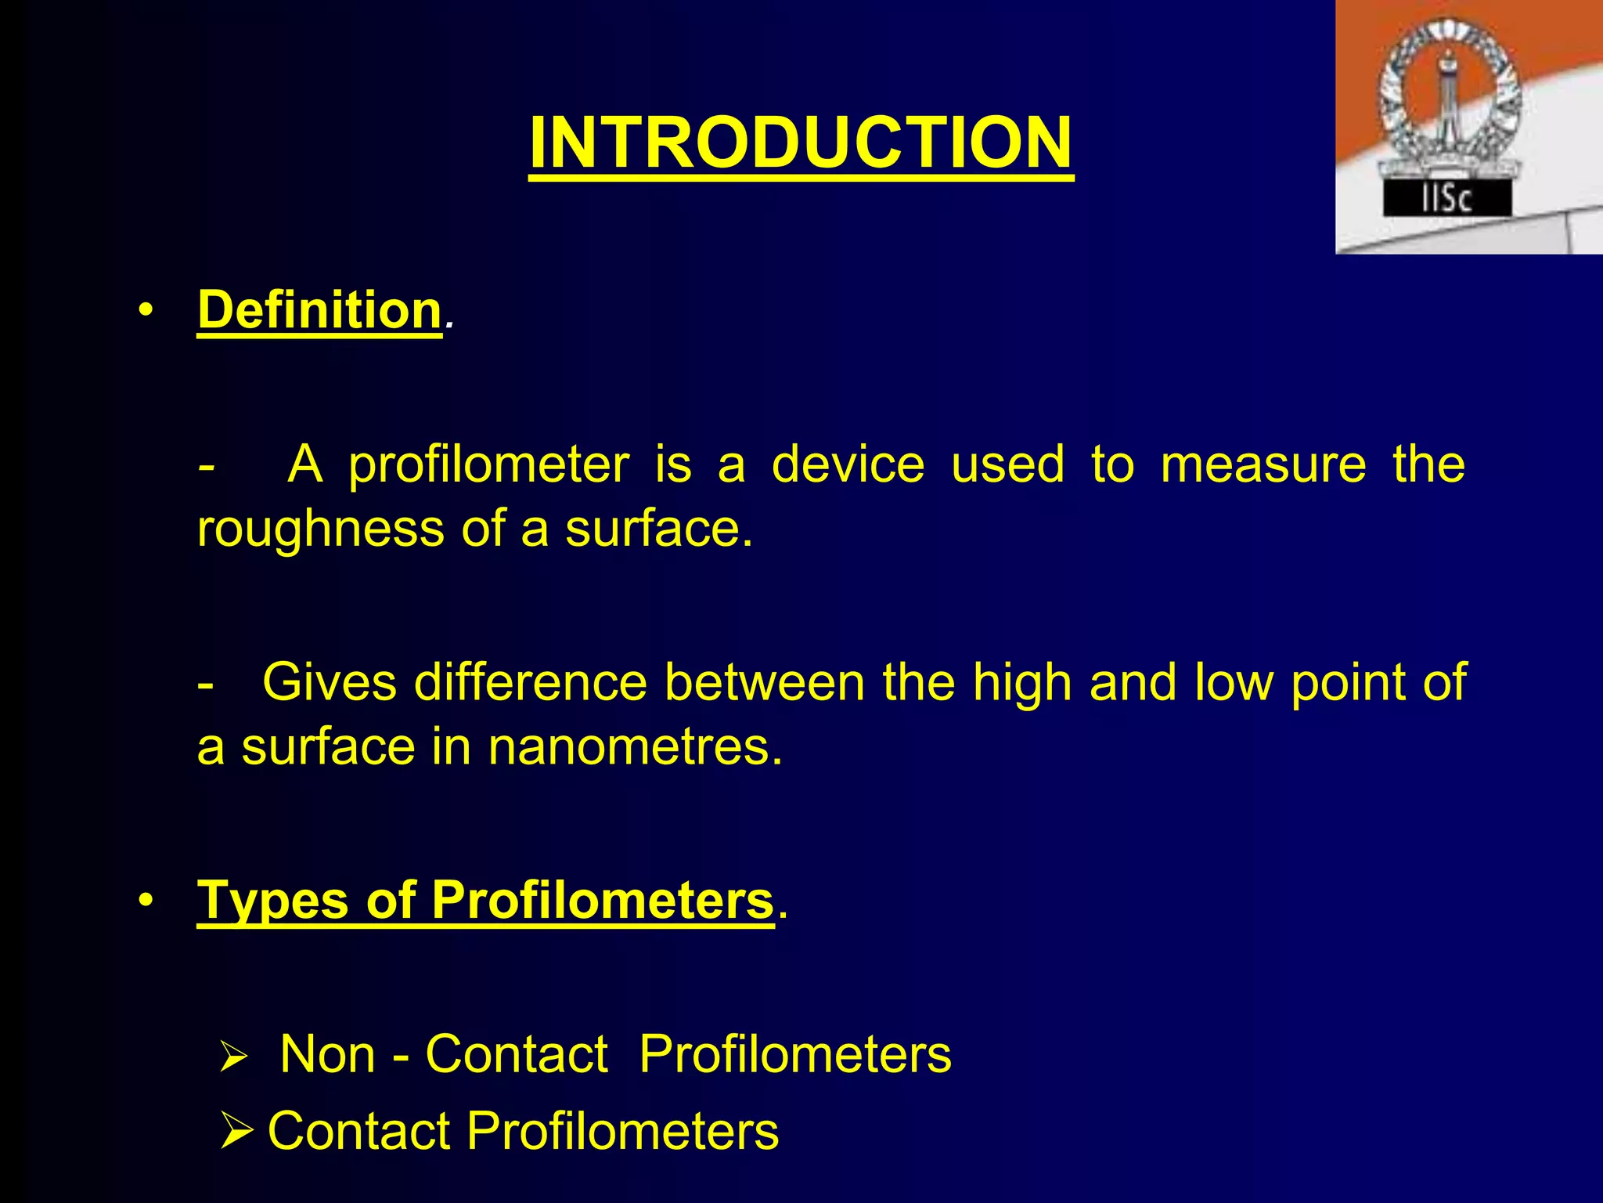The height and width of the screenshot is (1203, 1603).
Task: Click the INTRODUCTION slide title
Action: click(801, 143)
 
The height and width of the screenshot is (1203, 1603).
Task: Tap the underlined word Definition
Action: click(319, 310)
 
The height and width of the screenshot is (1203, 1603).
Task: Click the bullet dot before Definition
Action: click(145, 310)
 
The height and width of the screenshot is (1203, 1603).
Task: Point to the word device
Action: click(848, 464)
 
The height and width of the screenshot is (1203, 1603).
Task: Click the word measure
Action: click(1263, 465)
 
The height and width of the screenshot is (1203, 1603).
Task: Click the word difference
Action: click(531, 682)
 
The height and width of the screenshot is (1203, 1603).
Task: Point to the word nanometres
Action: click(634, 747)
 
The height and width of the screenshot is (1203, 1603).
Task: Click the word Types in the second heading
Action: click(272, 901)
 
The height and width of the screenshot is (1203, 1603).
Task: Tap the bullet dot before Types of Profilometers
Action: click(145, 901)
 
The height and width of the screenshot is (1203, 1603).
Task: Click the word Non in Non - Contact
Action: click(327, 1054)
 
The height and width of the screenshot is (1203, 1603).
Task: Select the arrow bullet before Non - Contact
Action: click(233, 1056)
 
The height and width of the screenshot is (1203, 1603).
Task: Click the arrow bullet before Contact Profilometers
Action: click(236, 1131)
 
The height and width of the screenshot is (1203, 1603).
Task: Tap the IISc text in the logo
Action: click(1446, 199)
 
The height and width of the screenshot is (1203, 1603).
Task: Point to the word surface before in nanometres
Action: click(328, 748)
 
